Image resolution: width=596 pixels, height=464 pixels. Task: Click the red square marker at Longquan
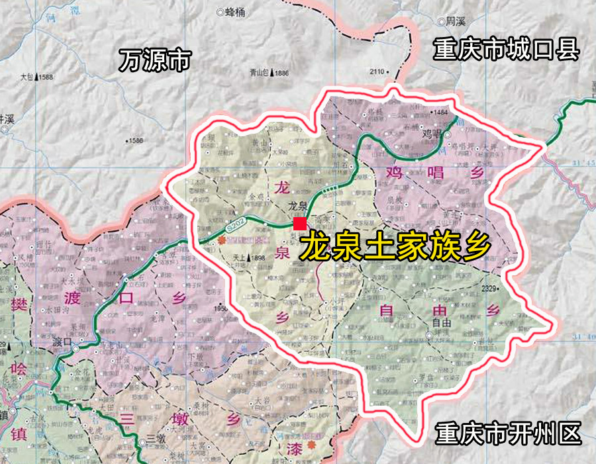pyautogui.click(x=299, y=224)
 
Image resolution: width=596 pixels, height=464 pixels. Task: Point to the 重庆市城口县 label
pyautogui.click(x=507, y=50)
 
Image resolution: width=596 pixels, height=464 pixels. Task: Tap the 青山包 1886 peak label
pyautogui.click(x=269, y=73)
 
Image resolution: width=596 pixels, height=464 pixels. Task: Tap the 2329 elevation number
pyautogui.click(x=489, y=288)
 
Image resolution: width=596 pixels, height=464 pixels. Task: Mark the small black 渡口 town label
pyautogui.click(x=62, y=342)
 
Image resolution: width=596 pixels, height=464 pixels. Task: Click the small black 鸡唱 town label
pyautogui.click(x=431, y=134)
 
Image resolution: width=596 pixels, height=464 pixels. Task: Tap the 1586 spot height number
pyautogui.click(x=135, y=140)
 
